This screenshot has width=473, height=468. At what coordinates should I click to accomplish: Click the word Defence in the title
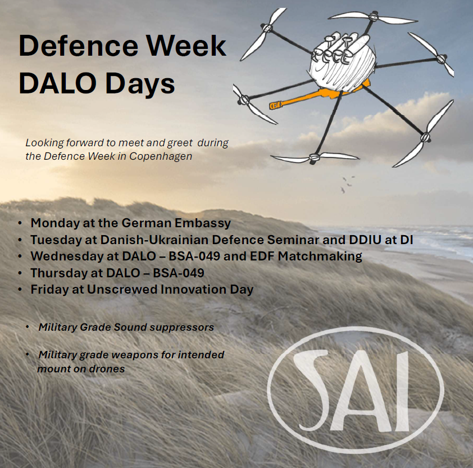[79, 46]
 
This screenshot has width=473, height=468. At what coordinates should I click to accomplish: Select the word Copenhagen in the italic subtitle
[161, 156]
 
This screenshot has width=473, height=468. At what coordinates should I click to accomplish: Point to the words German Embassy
[176, 223]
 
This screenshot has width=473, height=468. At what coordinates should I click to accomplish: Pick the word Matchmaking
[320, 256]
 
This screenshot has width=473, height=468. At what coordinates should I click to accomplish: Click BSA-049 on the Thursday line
[179, 273]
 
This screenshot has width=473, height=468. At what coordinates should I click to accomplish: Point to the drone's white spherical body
[342, 64]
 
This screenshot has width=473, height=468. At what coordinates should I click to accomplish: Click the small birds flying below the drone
[347, 184]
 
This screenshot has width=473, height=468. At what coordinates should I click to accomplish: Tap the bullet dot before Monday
[20, 223]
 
